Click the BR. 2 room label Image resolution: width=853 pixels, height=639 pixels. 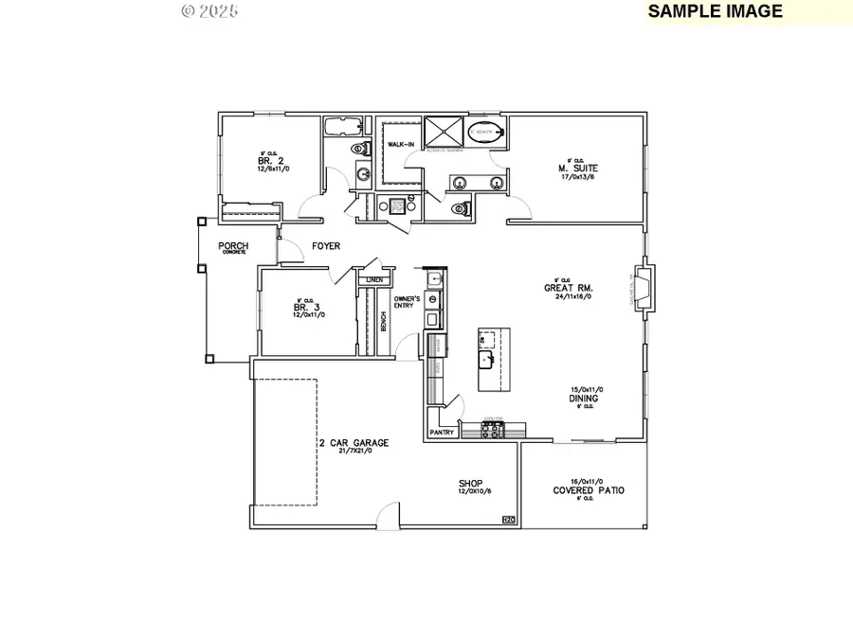click(x=268, y=161)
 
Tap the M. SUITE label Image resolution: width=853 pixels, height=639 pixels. click(x=577, y=169)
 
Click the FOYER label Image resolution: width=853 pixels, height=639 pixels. click(x=326, y=246)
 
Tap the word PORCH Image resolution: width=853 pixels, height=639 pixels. click(x=233, y=246)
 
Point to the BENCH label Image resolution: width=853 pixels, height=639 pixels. click(x=384, y=322)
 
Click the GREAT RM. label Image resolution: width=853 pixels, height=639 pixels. click(x=562, y=289)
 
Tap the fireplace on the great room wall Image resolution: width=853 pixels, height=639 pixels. click(x=642, y=289)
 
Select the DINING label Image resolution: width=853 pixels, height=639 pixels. click(x=583, y=399)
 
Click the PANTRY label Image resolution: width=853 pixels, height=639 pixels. click(x=442, y=433)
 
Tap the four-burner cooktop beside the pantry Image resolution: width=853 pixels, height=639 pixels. click(x=493, y=430)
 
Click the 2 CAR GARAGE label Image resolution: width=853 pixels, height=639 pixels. click(x=353, y=442)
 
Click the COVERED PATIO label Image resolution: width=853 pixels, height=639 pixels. click(x=589, y=490)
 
